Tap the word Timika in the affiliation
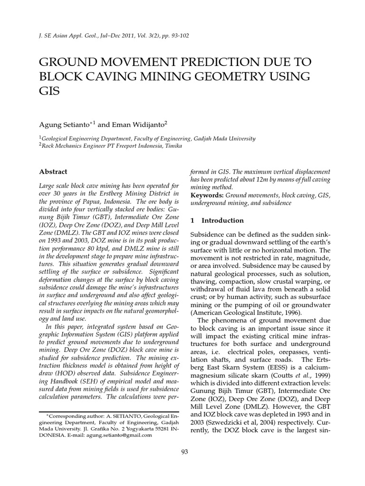[171, 146]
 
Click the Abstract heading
[53, 172]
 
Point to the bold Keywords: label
[207, 195]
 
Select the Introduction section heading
[222, 221]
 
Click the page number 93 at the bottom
[185, 452]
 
